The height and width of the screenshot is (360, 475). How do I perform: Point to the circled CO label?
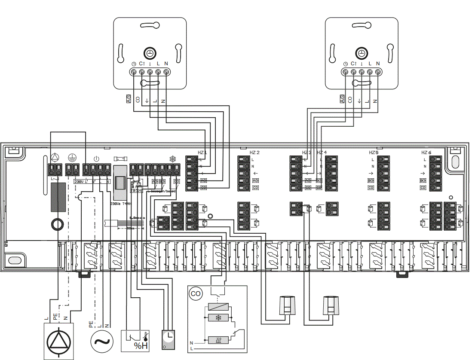pos(196,294)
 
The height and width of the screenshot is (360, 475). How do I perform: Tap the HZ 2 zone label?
pos(254,153)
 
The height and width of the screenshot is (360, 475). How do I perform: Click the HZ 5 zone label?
pos(374,153)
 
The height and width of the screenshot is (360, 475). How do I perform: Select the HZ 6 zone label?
pos(426,153)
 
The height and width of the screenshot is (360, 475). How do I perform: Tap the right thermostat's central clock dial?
pos(362,53)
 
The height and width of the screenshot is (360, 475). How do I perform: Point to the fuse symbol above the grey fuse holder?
pos(120,159)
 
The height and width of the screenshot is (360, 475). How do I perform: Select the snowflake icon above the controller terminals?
pos(173,159)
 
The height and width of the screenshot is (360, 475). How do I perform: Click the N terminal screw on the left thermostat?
pos(166,72)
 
